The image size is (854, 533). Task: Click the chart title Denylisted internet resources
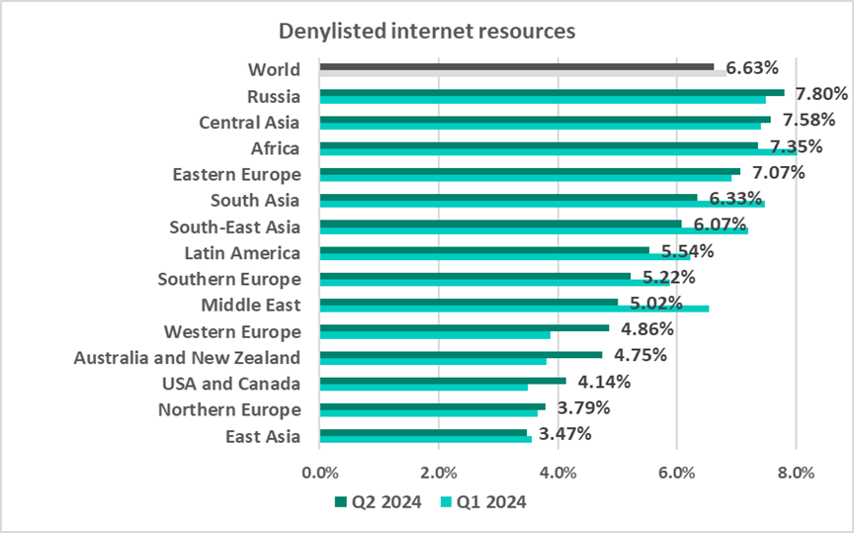[x=427, y=32]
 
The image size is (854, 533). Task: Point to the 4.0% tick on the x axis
[x=557, y=473]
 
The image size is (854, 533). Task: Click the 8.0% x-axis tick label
[x=795, y=473]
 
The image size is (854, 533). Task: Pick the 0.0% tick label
[x=320, y=473]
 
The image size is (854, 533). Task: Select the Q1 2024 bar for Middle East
[x=514, y=309]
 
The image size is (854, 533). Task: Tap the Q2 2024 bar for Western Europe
[x=465, y=327]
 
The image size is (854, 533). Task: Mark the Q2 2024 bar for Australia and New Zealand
[x=461, y=354]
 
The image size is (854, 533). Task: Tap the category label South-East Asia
[x=234, y=225]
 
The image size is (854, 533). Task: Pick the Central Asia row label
[x=249, y=122]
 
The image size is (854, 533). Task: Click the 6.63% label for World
[x=752, y=68]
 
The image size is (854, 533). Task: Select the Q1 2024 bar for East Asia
[x=425, y=439]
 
